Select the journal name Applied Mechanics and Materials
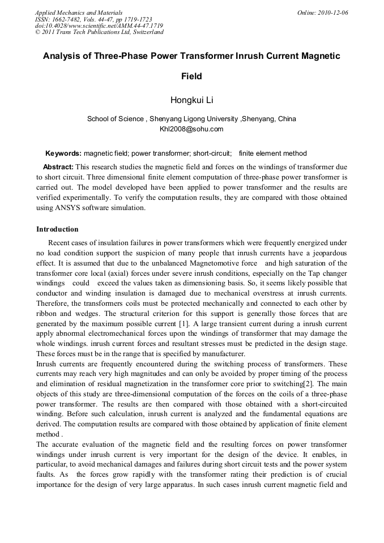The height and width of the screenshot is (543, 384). (79, 12)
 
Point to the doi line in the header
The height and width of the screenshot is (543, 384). (99, 25)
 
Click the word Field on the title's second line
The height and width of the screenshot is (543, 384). (191, 76)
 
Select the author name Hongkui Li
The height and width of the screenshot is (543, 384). (191, 101)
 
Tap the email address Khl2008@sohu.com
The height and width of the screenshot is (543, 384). (191, 129)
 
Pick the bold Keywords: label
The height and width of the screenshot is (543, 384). (63, 153)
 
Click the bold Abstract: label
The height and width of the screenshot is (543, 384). (58, 167)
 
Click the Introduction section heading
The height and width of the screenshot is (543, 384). (57, 229)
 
